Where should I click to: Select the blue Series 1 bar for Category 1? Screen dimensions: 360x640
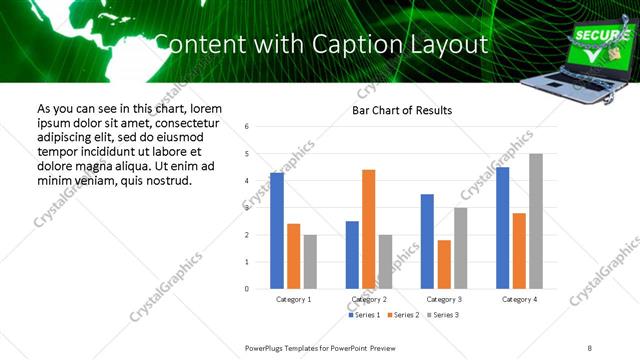(x=277, y=231)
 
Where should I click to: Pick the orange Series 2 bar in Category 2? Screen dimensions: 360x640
(x=368, y=229)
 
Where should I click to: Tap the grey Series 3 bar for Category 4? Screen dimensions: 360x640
(x=535, y=221)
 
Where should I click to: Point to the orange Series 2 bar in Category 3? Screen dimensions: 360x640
(x=444, y=264)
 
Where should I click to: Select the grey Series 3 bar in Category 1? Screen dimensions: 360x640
(x=310, y=262)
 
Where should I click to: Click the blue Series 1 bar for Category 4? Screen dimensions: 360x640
(x=502, y=228)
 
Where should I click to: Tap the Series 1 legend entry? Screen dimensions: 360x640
(x=362, y=315)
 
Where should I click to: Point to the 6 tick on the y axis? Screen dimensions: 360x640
(x=246, y=127)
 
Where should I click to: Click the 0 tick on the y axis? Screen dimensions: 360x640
(x=246, y=289)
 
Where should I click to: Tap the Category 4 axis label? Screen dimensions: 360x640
(x=519, y=299)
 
